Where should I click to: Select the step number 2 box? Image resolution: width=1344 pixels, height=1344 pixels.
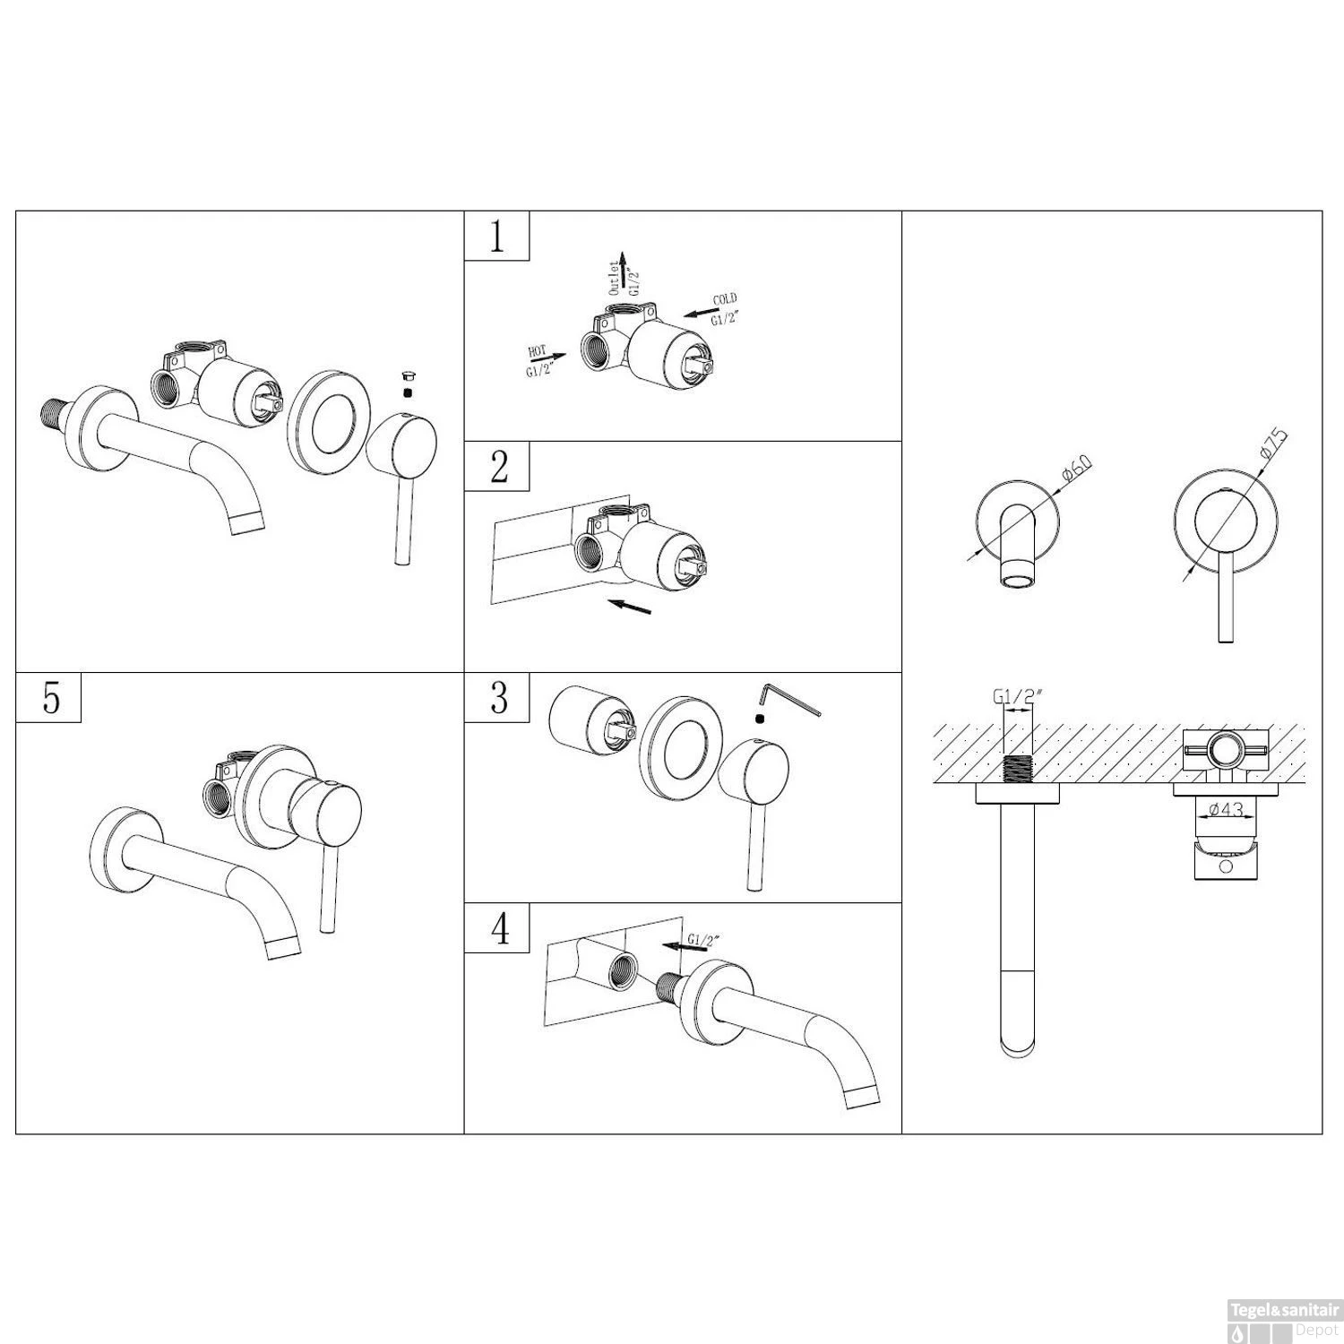tap(496, 466)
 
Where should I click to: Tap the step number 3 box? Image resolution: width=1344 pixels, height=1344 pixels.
tap(496, 697)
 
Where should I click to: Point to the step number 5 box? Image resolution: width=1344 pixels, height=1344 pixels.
tap(49, 697)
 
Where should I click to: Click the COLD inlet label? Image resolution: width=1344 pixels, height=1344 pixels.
tap(724, 309)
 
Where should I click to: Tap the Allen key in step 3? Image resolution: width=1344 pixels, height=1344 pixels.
tap(788, 699)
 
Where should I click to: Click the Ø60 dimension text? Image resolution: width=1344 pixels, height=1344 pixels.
tap(1074, 473)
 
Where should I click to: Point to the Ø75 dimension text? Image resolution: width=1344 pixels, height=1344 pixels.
tap(1273, 445)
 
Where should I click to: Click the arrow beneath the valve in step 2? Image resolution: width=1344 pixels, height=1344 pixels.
tap(628, 607)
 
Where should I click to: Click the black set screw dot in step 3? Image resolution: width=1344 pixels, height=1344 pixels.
tap(760, 719)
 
